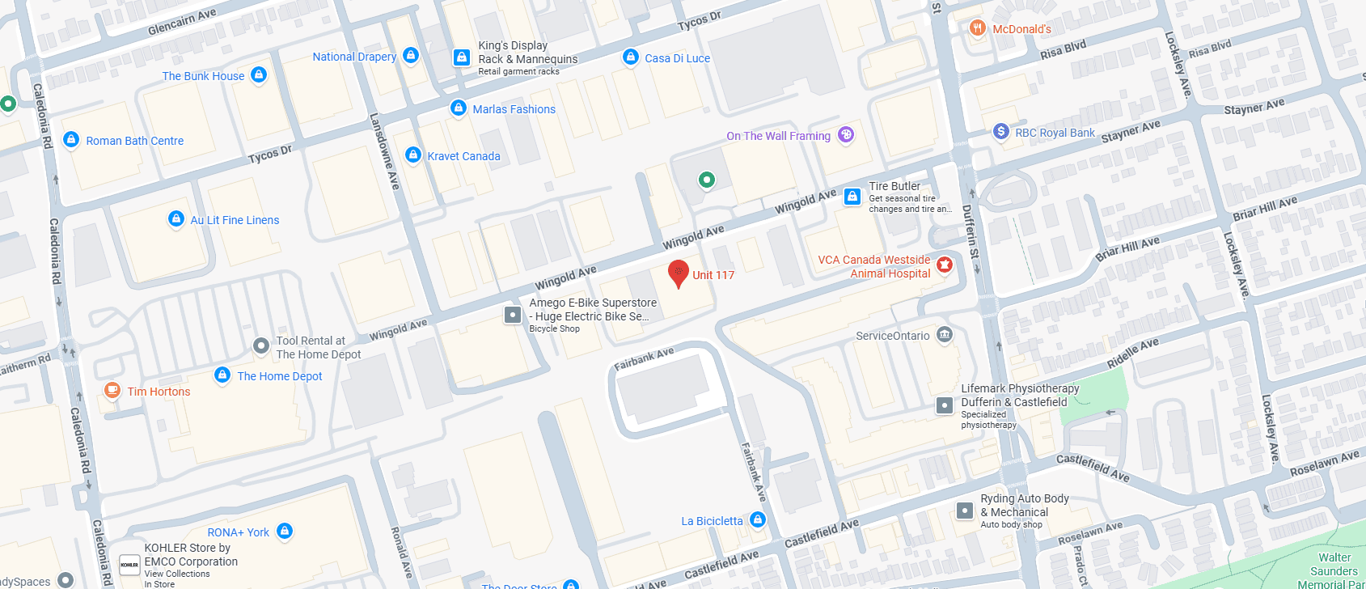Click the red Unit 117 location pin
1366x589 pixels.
click(679, 272)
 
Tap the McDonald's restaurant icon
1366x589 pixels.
click(977, 28)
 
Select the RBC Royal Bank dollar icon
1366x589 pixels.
click(1000, 131)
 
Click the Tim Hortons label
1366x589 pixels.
click(159, 392)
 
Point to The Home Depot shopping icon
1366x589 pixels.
click(222, 375)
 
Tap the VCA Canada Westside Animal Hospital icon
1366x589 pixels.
click(944, 265)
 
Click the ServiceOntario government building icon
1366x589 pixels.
click(944, 334)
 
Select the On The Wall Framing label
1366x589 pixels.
click(778, 136)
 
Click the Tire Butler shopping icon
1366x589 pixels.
click(852, 196)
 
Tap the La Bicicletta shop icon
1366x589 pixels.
click(758, 519)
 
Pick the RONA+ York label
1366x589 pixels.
click(238, 532)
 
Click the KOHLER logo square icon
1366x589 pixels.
click(129, 565)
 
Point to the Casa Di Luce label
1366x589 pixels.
click(677, 58)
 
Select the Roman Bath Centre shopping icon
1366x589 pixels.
click(71, 139)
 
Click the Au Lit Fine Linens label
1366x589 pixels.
click(235, 220)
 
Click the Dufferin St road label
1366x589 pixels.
click(970, 231)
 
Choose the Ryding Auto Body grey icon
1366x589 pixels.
click(964, 511)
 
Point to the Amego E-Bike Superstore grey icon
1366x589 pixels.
click(513, 314)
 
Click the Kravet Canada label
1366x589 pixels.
click(463, 156)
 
